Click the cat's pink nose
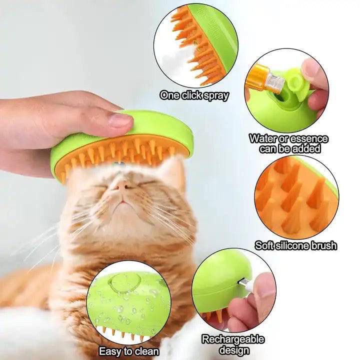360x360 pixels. (x=120, y=186)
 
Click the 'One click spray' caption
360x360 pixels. (x=194, y=95)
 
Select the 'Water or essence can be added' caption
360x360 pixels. (x=289, y=143)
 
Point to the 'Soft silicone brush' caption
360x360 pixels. (x=295, y=245)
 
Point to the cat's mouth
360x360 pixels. (x=120, y=202)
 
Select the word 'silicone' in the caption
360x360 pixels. (x=297, y=245)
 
